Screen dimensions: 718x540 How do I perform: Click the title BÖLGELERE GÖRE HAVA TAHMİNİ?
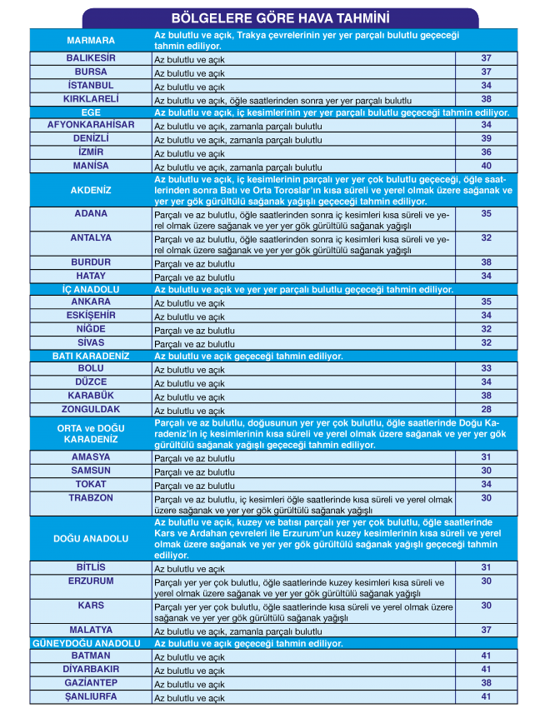[281, 17]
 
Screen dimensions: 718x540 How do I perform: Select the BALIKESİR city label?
[90, 58]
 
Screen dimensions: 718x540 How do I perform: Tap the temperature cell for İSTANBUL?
[486, 85]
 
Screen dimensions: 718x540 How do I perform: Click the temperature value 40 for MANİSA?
[486, 166]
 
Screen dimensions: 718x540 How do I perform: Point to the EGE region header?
[90, 112]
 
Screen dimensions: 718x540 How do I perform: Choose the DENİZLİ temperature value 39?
[486, 138]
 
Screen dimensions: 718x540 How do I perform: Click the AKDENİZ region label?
[90, 190]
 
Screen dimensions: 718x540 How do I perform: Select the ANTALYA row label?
[90, 238]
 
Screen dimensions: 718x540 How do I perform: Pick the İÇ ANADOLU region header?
[90, 289]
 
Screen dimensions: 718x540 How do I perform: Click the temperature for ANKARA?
[486, 302]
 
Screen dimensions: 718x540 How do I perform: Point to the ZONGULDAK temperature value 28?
[486, 409]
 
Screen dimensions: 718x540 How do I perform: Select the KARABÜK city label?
[90, 396]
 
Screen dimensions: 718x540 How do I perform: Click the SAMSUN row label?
[90, 471]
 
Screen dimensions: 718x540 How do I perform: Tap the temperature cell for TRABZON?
[486, 498]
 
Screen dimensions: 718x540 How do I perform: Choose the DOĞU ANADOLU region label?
[90, 539]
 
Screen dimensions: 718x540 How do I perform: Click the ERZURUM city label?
[90, 581]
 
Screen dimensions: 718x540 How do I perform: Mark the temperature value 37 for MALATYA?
[486, 630]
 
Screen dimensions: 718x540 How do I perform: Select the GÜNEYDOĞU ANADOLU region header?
[90, 643]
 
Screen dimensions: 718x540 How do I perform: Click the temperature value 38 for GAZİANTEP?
[486, 682]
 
